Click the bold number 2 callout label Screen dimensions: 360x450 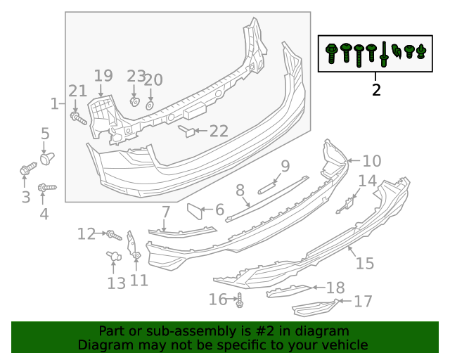click(x=376, y=90)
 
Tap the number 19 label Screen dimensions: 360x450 click(x=103, y=76)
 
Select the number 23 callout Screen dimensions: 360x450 click(x=136, y=77)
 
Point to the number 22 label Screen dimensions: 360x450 click(x=219, y=131)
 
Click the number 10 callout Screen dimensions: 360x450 click(x=372, y=161)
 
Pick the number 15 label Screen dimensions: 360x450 click(x=364, y=264)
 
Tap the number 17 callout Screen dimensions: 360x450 click(x=363, y=302)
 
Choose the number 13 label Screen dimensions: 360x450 click(x=117, y=283)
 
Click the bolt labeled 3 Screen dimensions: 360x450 click(x=27, y=169)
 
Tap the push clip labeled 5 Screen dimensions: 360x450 click(x=48, y=158)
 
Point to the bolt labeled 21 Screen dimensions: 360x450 click(x=77, y=117)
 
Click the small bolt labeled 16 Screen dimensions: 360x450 click(x=240, y=300)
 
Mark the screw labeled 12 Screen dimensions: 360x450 click(x=112, y=233)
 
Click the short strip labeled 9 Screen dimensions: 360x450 click(x=266, y=186)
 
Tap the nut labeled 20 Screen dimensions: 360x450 click(x=149, y=105)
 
